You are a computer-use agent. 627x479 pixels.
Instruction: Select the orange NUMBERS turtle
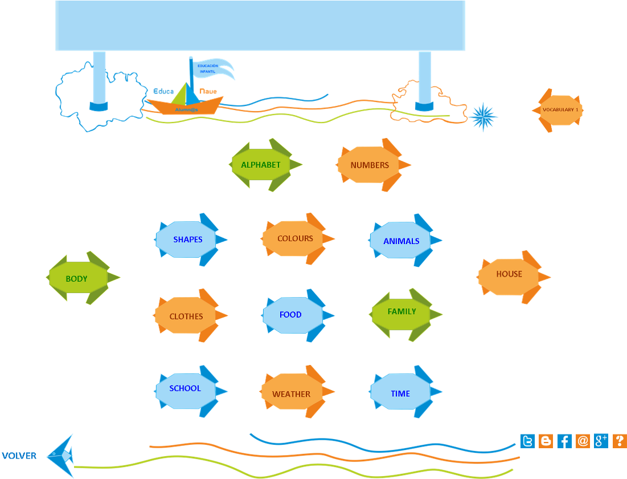click(x=370, y=165)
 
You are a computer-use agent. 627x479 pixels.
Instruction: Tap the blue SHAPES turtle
click(x=188, y=239)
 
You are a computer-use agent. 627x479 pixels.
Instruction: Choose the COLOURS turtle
click(x=295, y=238)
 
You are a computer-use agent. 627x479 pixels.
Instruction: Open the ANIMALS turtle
click(x=402, y=241)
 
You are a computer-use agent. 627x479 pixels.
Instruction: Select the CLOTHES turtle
click(x=187, y=316)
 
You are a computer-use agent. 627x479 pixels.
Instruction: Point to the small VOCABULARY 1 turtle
click(x=560, y=110)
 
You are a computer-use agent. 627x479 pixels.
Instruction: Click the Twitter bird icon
click(x=528, y=441)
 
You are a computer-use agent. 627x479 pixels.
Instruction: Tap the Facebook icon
click(x=564, y=441)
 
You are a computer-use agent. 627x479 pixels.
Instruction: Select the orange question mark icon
click(x=620, y=441)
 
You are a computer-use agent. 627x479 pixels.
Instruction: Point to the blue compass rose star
click(x=483, y=117)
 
